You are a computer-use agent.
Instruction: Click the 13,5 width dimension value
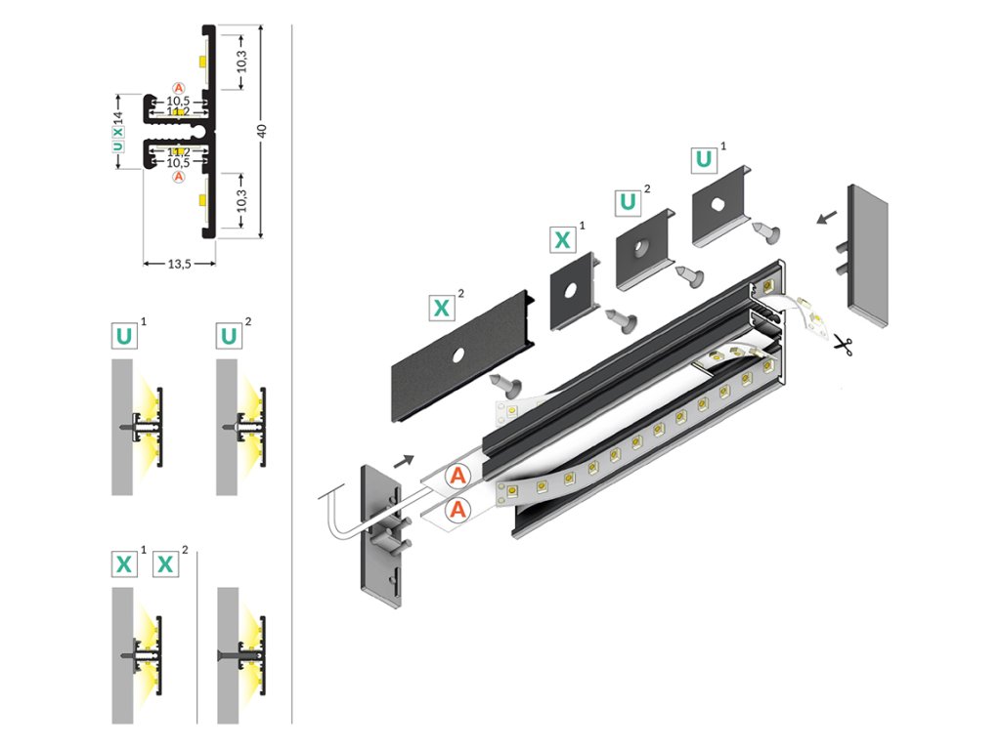pyautogui.click(x=178, y=263)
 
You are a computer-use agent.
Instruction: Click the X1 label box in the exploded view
pyautogui.click(x=563, y=239)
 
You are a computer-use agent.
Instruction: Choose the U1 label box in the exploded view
pyautogui.click(x=703, y=160)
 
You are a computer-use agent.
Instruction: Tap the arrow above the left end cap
pyautogui.click(x=403, y=455)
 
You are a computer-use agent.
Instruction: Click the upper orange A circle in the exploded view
pyautogui.click(x=457, y=477)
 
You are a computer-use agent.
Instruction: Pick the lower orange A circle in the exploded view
pyautogui.click(x=457, y=509)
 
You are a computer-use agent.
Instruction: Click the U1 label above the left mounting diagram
pyautogui.click(x=124, y=337)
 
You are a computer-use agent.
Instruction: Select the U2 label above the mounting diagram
pyautogui.click(x=229, y=337)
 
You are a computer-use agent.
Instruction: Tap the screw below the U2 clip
pyautogui.click(x=692, y=276)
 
